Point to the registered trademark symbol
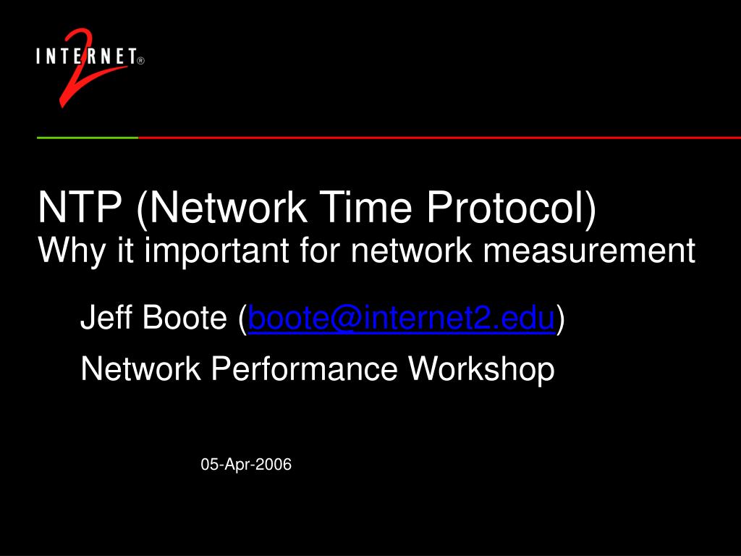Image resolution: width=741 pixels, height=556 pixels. click(x=140, y=62)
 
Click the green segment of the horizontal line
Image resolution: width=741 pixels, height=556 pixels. click(x=87, y=137)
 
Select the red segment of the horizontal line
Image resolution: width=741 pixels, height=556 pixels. click(x=434, y=137)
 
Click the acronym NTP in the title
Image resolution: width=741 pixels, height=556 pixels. click(x=80, y=208)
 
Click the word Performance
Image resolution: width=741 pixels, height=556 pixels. click(x=304, y=370)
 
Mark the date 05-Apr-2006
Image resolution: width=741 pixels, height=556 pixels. click(x=246, y=465)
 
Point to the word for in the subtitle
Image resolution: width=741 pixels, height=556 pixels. click(x=322, y=251)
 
